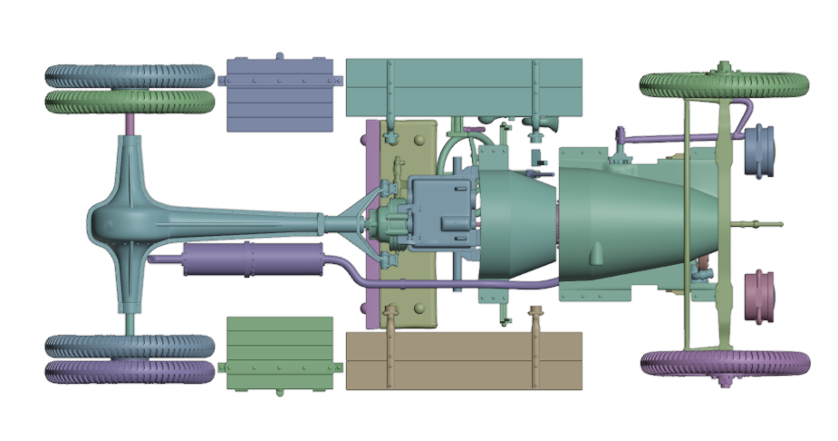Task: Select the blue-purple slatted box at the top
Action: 281,94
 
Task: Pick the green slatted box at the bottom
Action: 280,353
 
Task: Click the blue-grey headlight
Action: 760,149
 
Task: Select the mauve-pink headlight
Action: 760,296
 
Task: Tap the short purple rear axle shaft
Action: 130,123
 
